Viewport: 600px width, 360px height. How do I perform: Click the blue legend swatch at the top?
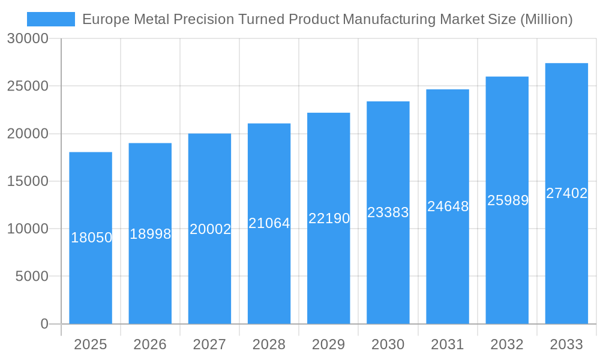[x=51, y=19]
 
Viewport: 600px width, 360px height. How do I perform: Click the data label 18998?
[x=150, y=234]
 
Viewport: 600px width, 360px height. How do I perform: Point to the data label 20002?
[x=210, y=229]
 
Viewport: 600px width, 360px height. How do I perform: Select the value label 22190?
[x=329, y=218]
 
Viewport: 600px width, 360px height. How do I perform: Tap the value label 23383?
[x=388, y=212]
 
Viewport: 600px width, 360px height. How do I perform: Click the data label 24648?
[x=448, y=206]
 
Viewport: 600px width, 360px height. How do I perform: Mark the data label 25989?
[x=508, y=200]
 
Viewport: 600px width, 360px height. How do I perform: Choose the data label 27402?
[x=566, y=193]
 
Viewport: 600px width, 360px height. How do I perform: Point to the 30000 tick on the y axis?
[x=27, y=38]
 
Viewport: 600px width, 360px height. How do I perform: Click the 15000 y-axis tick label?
[x=27, y=181]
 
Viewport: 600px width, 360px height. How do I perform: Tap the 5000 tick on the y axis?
[x=31, y=276]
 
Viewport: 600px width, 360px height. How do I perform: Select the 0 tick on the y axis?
[x=44, y=324]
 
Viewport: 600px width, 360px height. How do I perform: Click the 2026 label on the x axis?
[x=150, y=344]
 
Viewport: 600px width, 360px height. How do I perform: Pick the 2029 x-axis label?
[x=329, y=344]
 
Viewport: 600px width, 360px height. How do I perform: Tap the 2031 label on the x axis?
[x=448, y=344]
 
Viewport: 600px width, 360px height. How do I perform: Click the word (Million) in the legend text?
[x=546, y=19]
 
